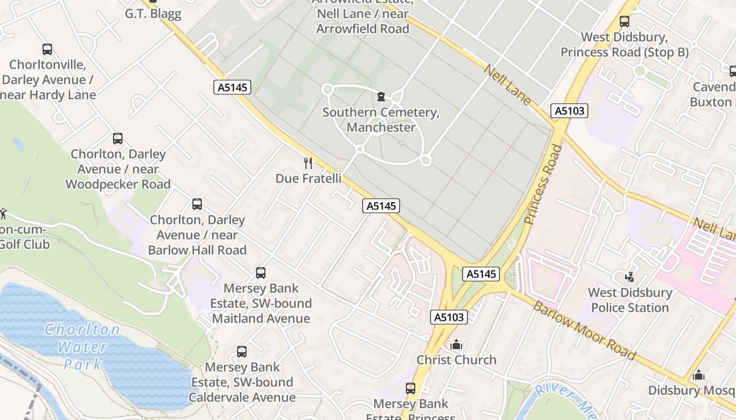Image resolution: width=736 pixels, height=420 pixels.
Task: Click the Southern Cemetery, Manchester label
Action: click(381, 120)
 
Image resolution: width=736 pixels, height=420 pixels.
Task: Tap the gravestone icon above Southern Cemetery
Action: click(381, 97)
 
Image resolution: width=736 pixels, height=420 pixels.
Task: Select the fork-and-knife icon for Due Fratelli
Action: click(308, 163)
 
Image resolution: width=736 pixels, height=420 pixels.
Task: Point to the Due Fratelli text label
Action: click(308, 178)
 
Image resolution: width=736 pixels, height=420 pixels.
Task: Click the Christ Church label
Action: click(456, 360)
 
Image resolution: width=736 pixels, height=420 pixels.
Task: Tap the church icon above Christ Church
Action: click(456, 344)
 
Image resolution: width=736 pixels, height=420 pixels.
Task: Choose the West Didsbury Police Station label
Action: click(630, 300)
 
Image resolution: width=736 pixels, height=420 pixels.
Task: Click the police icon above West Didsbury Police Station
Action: click(629, 276)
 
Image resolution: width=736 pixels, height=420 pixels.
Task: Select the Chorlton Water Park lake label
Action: click(82, 346)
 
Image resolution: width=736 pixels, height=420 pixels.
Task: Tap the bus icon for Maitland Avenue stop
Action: click(261, 273)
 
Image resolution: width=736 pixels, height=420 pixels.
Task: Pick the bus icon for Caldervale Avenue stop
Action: click(242, 352)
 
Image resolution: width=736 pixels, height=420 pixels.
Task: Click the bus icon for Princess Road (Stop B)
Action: click(625, 22)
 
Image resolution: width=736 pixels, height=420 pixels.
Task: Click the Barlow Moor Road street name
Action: click(584, 330)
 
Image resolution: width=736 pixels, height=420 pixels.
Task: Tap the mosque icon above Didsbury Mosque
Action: click(699, 375)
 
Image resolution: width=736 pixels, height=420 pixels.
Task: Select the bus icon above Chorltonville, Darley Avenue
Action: click(47, 49)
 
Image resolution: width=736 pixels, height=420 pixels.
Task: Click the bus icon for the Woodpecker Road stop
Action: click(118, 139)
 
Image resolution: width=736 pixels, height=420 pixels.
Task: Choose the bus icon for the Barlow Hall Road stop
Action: click(197, 204)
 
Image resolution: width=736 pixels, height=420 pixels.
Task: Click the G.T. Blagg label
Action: click(152, 13)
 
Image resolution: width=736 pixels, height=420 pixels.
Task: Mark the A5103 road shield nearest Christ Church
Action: click(449, 317)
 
